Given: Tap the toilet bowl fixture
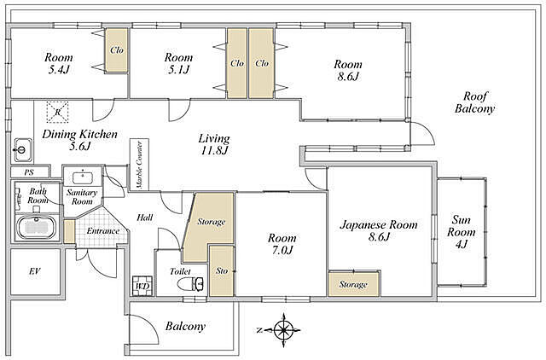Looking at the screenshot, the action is [x=190, y=284].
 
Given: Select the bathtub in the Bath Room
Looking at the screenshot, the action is [x=38, y=228].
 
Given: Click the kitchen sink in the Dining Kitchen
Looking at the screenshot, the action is [x=23, y=150].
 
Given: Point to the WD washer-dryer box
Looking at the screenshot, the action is [x=142, y=286].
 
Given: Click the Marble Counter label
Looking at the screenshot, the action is [x=139, y=165].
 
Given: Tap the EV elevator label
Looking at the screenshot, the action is [x=34, y=271].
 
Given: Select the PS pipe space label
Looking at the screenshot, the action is [x=29, y=172].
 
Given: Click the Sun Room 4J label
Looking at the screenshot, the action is [x=462, y=232].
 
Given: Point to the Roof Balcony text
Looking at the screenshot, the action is [x=475, y=102].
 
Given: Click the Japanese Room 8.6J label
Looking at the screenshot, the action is [x=379, y=230].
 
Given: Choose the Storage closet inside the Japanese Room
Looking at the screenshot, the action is [x=354, y=284].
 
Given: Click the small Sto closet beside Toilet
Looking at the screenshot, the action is [x=222, y=271].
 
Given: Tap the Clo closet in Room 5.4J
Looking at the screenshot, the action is [x=117, y=50].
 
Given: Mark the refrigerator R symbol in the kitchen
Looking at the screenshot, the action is [x=58, y=112].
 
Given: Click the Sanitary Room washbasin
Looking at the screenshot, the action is [x=83, y=177].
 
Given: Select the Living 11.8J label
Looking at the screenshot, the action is [x=214, y=144].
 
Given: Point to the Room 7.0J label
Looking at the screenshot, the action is [x=282, y=244].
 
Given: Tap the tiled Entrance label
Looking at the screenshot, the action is [x=103, y=231].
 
